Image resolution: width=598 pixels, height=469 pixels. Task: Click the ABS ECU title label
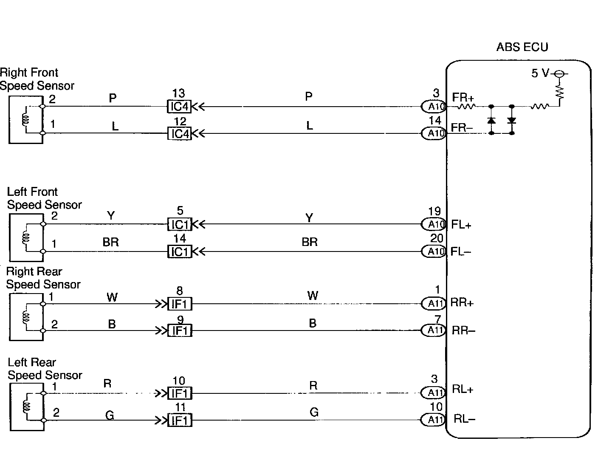click(x=522, y=47)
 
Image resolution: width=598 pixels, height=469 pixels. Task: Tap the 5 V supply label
click(x=540, y=73)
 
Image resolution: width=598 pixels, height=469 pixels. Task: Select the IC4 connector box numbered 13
click(x=179, y=106)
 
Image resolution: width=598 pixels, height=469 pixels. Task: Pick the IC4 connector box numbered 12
click(x=179, y=134)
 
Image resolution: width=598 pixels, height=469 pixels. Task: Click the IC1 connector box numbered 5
click(x=179, y=224)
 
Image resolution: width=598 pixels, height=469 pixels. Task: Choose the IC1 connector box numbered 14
click(x=179, y=251)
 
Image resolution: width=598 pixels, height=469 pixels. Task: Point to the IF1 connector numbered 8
click(x=180, y=304)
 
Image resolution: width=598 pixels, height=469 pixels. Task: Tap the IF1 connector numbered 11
click(x=180, y=421)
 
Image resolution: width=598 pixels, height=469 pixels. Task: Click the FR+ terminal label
click(x=463, y=98)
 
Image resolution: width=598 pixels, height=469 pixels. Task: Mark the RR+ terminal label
click(x=462, y=302)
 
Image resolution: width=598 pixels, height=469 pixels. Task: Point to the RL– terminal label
click(x=464, y=419)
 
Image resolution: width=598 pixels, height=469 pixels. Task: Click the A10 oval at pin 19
click(x=434, y=224)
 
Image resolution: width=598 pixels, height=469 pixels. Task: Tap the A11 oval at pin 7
click(x=434, y=330)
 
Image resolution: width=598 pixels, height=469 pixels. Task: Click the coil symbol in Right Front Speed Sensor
click(x=25, y=120)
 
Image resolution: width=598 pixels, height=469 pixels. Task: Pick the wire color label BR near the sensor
click(x=110, y=243)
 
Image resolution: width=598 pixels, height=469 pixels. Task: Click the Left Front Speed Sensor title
click(x=44, y=198)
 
